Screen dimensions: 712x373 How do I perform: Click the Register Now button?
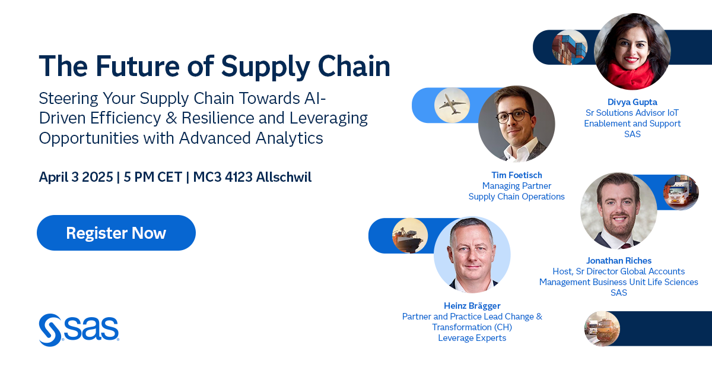pyautogui.click(x=116, y=233)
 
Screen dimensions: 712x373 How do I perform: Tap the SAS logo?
pyautogui.click(x=79, y=330)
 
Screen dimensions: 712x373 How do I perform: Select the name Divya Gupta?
pyautogui.click(x=632, y=102)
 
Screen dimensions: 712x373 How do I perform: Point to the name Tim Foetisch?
pyautogui.click(x=517, y=175)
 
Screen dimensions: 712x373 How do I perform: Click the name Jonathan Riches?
pyautogui.click(x=618, y=261)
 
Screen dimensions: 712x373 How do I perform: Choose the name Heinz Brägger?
pyautogui.click(x=472, y=306)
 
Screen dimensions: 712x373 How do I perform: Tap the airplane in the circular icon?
pyautogui.click(x=452, y=104)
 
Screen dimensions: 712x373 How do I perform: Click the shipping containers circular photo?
pyautogui.click(x=570, y=48)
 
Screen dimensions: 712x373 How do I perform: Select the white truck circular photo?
pyautogui.click(x=681, y=192)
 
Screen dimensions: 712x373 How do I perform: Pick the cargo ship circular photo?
pyautogui.click(x=410, y=236)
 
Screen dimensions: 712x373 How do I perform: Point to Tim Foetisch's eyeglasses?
pyautogui.click(x=514, y=116)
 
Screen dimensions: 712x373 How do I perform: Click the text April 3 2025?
pyautogui.click(x=76, y=177)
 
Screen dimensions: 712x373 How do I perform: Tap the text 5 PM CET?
pyautogui.click(x=153, y=177)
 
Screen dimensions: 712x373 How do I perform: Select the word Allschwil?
pyautogui.click(x=284, y=177)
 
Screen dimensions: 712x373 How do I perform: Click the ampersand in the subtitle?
pyautogui.click(x=171, y=118)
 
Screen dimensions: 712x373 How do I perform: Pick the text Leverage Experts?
pyautogui.click(x=472, y=338)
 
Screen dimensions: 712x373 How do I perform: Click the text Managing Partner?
pyautogui.click(x=517, y=186)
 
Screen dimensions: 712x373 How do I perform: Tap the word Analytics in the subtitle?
pyautogui.click(x=290, y=138)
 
